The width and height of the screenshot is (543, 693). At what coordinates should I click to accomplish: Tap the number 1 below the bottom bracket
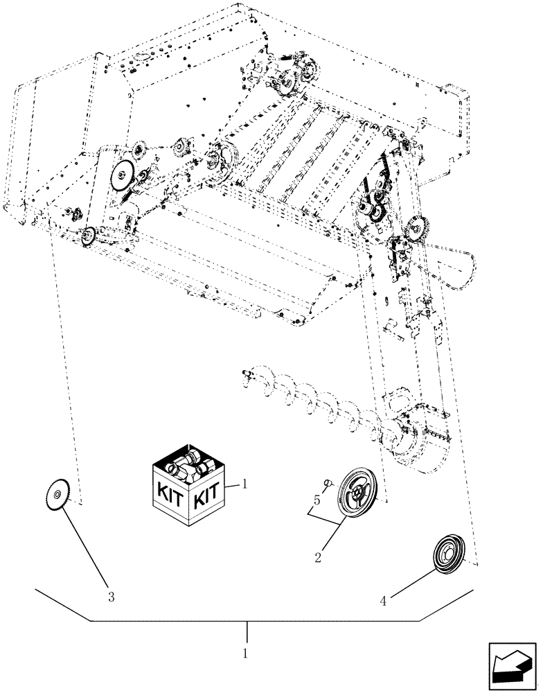coord(247,653)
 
